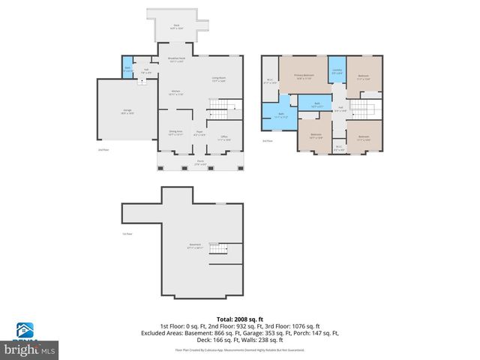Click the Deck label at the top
(x=177, y=26)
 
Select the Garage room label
(x=127, y=112)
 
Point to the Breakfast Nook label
(x=177, y=60)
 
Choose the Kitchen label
(x=176, y=93)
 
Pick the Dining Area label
(x=175, y=133)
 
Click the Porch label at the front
(x=200, y=163)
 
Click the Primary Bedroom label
(x=303, y=76)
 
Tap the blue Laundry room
(x=337, y=72)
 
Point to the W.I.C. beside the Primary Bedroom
(x=270, y=82)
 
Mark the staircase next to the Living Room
(x=217, y=110)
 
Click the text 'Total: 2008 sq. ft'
(x=240, y=318)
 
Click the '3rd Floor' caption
(x=267, y=141)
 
